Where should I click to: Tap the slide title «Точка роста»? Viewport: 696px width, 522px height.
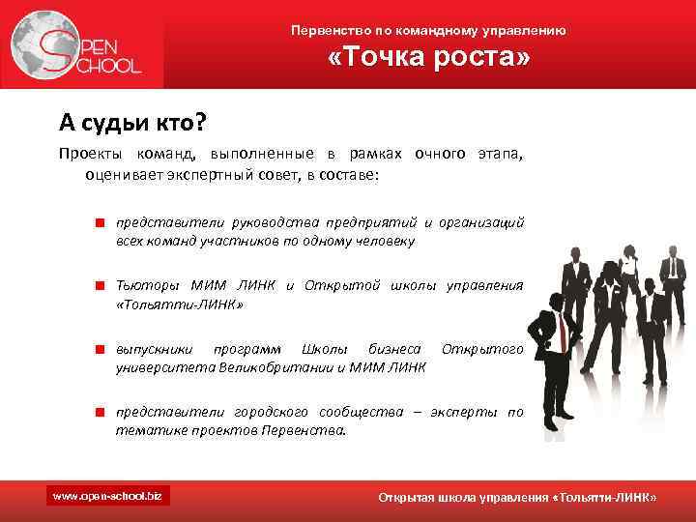click(429, 60)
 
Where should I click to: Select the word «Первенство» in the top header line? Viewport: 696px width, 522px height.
click(326, 31)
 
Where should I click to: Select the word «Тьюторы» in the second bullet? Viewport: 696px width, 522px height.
click(148, 285)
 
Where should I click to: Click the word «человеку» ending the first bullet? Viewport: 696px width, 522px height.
click(385, 241)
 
